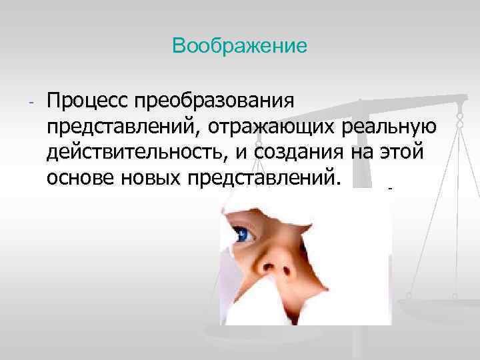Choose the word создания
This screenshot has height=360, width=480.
(305, 153)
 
